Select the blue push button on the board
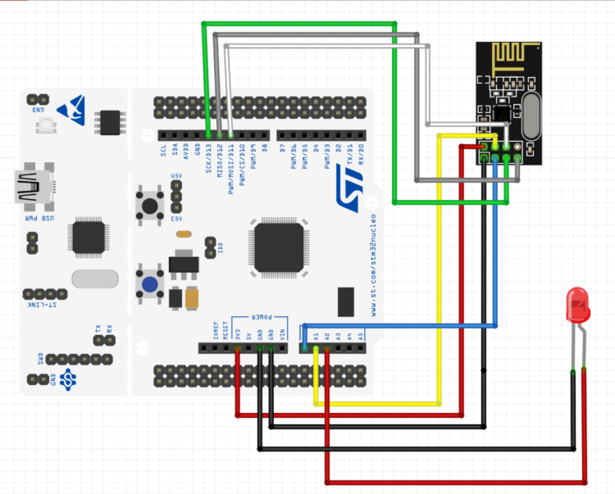tap(150, 284)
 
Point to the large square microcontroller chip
tap(279, 245)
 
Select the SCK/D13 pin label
tap(209, 156)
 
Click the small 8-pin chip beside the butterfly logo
tap(109, 122)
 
